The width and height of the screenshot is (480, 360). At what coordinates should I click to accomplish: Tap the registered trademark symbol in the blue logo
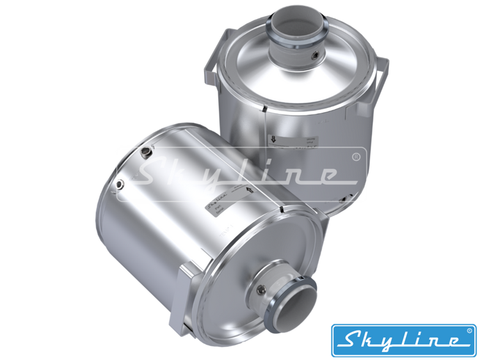tap(469, 331)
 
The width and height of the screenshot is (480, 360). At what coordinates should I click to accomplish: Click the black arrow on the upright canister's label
tap(273, 137)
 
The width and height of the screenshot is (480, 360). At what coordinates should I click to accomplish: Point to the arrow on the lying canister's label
tap(246, 190)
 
